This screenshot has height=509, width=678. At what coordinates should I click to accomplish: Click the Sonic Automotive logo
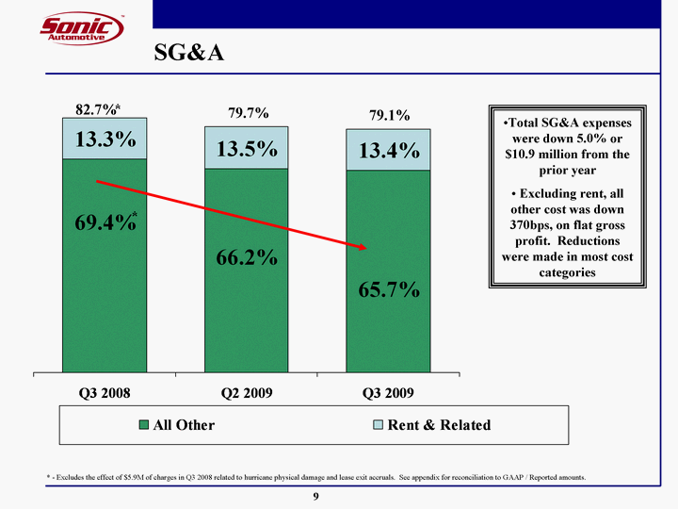click(x=82, y=28)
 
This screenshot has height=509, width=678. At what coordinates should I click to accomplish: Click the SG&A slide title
click(x=189, y=53)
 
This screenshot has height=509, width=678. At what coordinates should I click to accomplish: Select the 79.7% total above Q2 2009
click(x=249, y=113)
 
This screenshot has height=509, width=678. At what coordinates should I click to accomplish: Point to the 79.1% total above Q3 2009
click(x=389, y=115)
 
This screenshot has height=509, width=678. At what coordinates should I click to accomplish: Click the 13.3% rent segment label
click(x=105, y=140)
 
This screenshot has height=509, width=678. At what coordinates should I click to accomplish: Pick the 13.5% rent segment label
click(x=247, y=150)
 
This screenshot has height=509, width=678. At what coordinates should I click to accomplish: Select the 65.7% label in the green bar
click(x=388, y=288)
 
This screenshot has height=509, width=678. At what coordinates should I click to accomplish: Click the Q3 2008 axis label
click(x=104, y=392)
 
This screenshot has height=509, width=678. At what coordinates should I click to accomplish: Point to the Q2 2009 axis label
click(x=247, y=392)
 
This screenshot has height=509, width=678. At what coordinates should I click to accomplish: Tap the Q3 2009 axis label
click(x=388, y=392)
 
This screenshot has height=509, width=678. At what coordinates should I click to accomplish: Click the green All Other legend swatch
click(x=144, y=425)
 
